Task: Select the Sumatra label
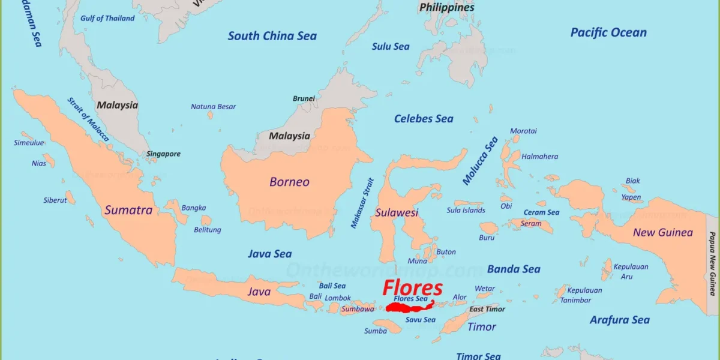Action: click(128, 210)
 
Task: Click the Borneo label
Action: click(289, 182)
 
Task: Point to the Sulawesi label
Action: click(396, 212)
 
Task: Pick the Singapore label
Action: click(163, 154)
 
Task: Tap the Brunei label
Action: click(304, 98)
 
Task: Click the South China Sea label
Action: click(272, 36)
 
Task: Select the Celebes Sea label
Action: click(424, 119)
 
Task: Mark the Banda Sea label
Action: click(514, 269)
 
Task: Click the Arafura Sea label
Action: click(619, 320)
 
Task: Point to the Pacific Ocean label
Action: click(608, 32)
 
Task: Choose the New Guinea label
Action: click(662, 232)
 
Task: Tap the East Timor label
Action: click(487, 309)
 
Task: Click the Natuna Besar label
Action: click(213, 107)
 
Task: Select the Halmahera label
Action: click(539, 157)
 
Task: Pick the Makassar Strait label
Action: click(362, 203)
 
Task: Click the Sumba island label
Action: click(375, 331)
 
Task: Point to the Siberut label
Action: click(55, 200)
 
